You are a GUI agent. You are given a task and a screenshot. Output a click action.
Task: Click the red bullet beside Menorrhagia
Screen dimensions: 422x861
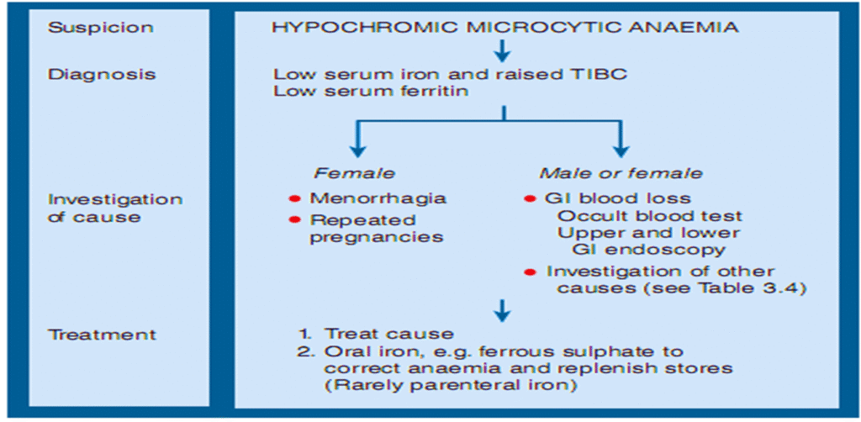[294, 198]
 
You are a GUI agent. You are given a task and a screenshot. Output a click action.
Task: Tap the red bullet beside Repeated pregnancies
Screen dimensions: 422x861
[294, 219]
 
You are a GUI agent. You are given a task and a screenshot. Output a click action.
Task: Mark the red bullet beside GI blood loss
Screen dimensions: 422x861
[530, 198]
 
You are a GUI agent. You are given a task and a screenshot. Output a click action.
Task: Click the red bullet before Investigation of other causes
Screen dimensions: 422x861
[530, 272]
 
